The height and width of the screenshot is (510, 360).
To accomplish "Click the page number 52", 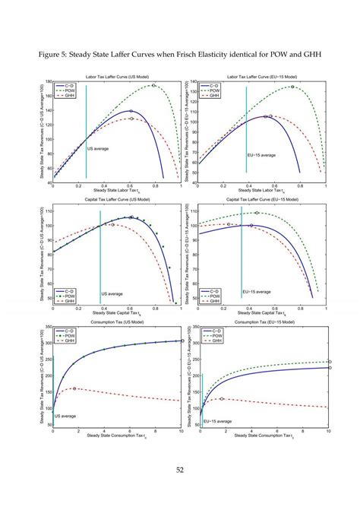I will (181, 469).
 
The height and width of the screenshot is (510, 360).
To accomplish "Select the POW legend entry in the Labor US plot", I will (66, 91).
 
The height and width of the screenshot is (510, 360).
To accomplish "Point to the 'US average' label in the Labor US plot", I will (98, 149).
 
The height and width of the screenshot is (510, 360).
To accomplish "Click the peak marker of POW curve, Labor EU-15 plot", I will (292, 87).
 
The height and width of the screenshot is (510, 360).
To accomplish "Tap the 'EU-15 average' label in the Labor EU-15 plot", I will (261, 155).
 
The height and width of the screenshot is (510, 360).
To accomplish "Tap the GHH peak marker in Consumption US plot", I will (74, 388).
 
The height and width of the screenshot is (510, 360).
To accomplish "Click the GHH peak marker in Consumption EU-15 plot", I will (222, 398).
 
